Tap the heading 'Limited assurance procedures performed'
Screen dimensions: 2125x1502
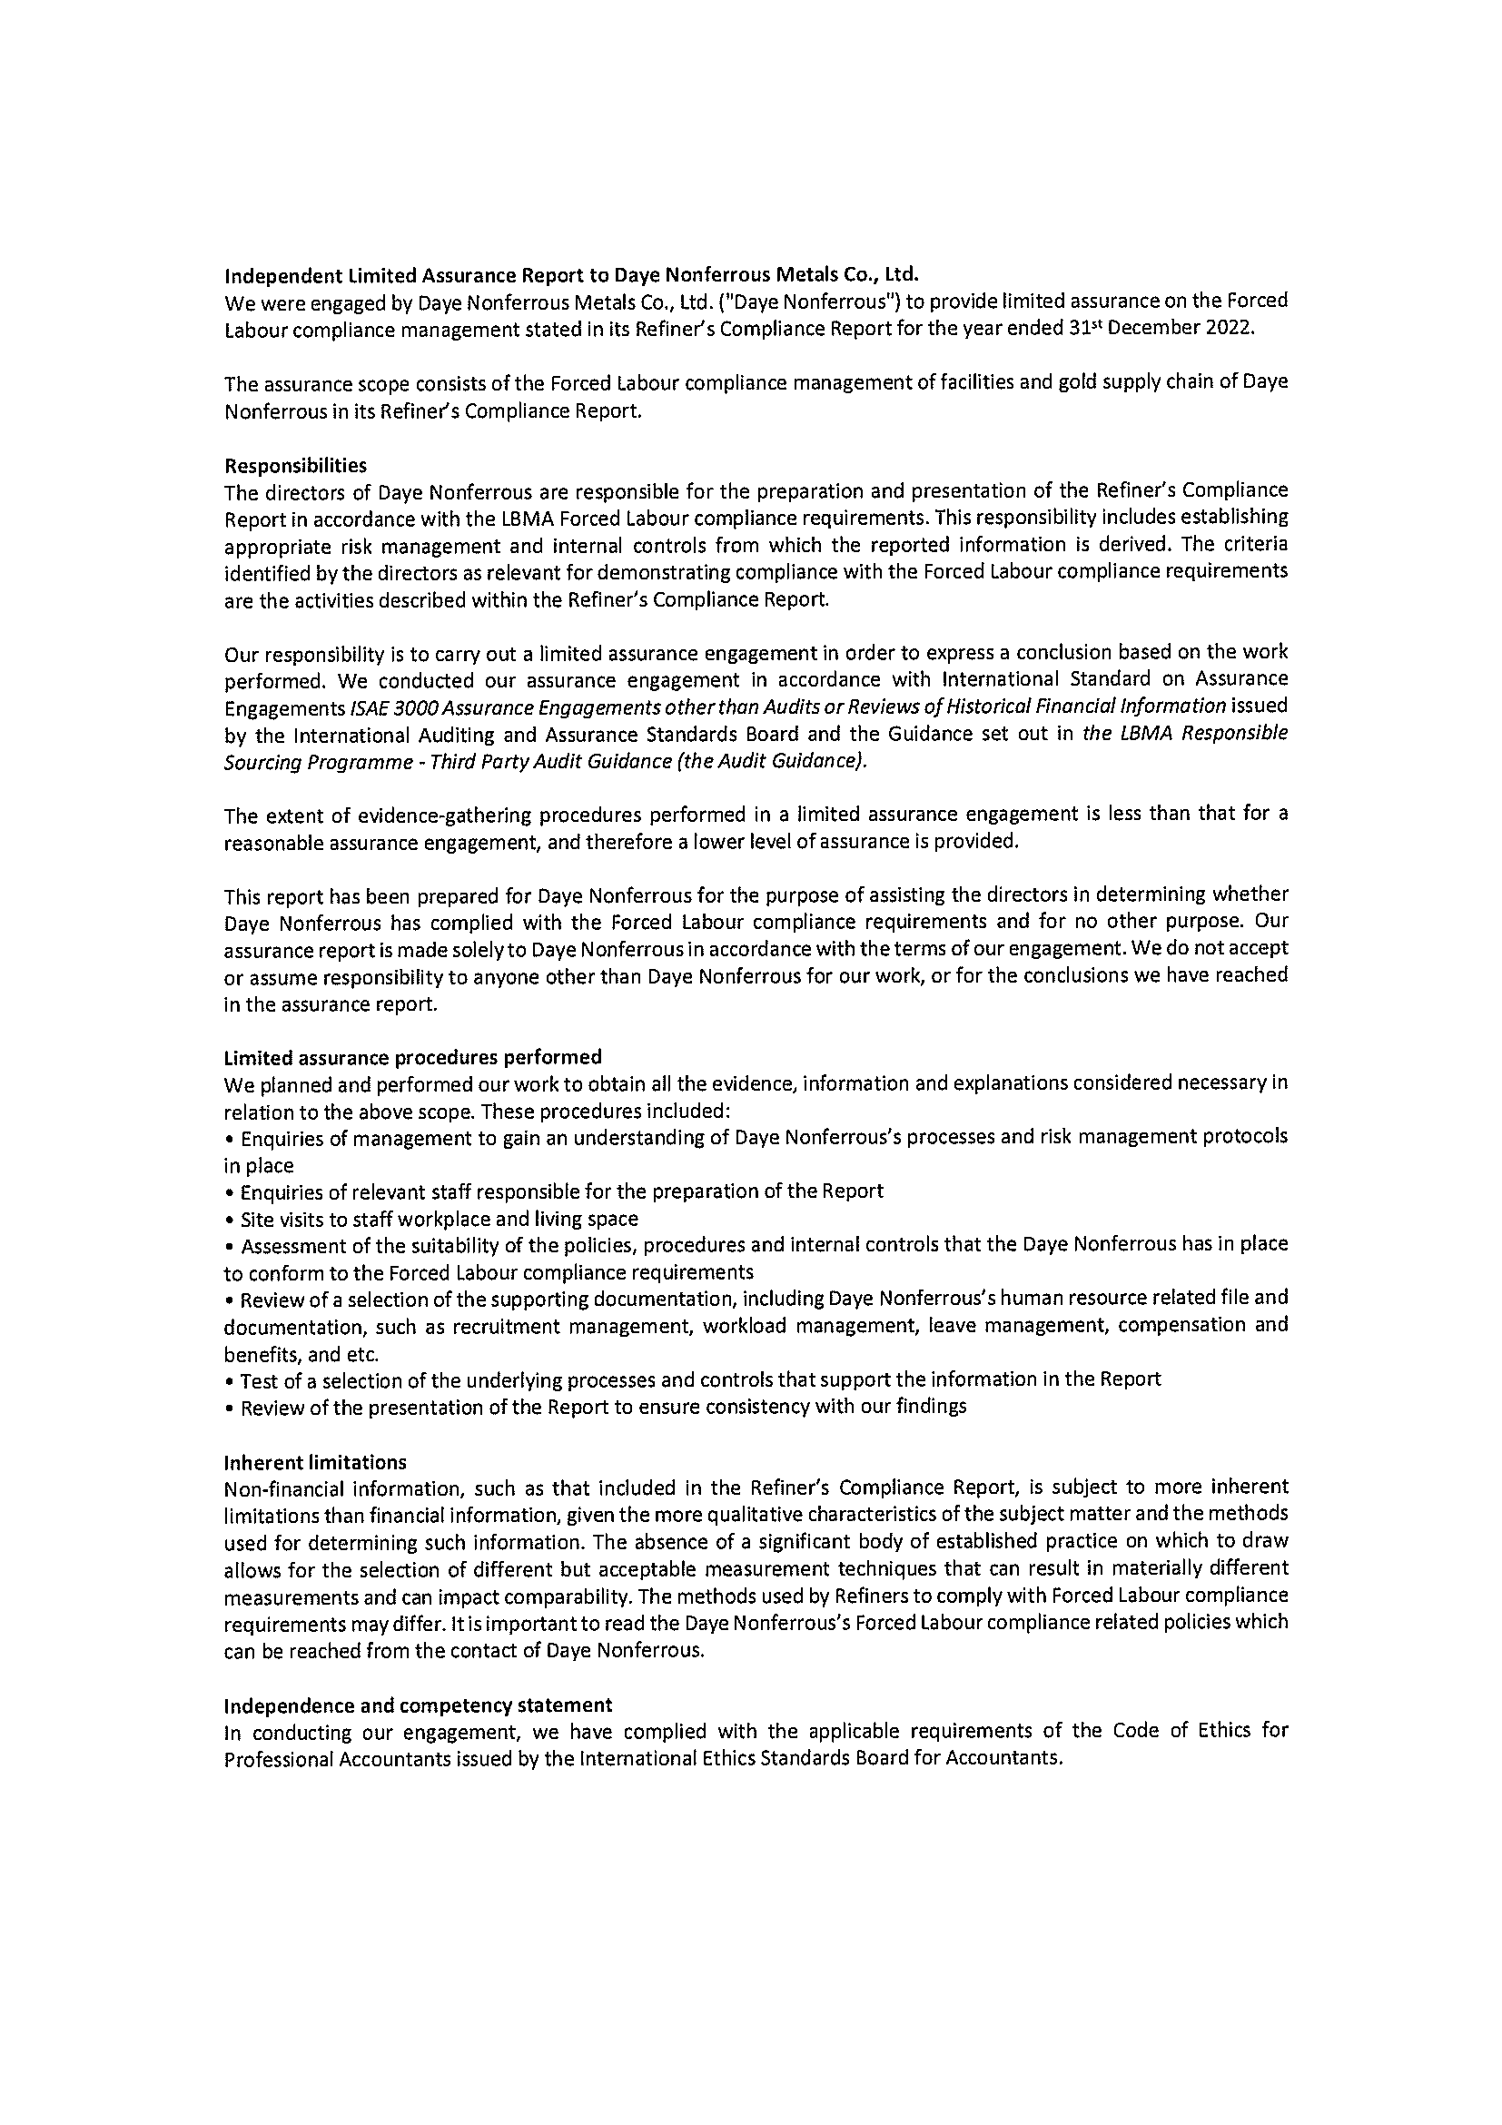[413, 1056]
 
